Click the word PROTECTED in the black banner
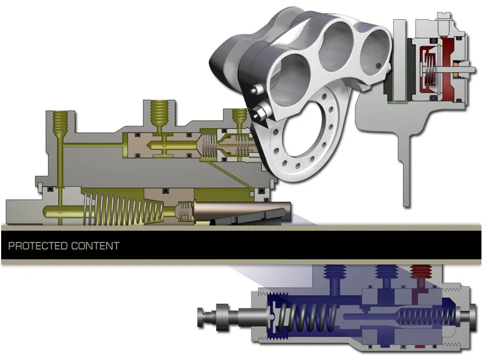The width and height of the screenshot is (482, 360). pyautogui.click(x=38, y=246)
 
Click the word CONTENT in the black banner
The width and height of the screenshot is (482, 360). pyautogui.click(x=95, y=246)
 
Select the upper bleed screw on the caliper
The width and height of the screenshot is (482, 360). pyautogui.click(x=256, y=89)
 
